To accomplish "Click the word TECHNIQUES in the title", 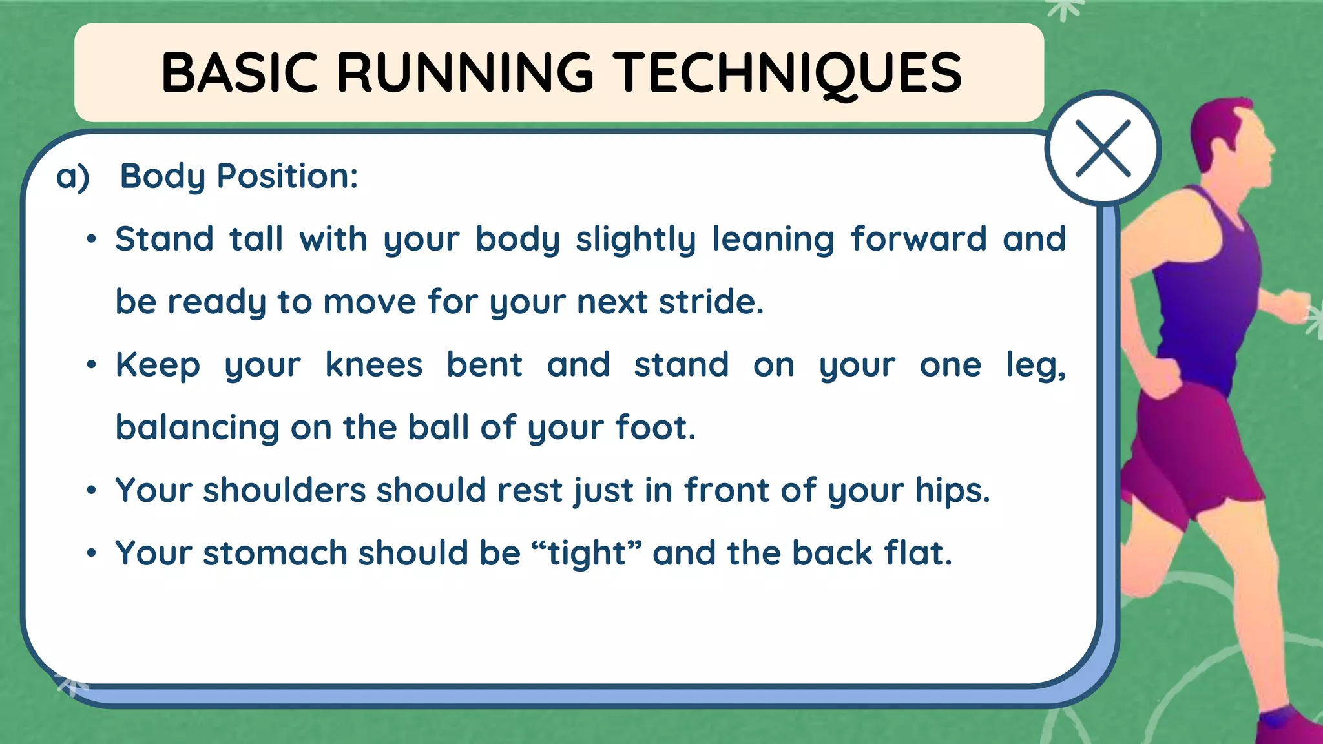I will point(787,73).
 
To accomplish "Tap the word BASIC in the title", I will point(239,73).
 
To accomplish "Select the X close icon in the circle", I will point(1103,149).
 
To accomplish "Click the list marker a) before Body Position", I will point(72,176).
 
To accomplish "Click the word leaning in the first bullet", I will point(773,240).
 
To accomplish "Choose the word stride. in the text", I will point(711,302).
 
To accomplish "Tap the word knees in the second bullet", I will point(373,365).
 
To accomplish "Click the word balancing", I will point(196,428).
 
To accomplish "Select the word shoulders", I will point(284,490).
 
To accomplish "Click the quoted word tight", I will point(587,553).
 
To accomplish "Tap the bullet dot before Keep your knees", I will point(92,365).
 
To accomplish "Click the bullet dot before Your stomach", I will point(92,553).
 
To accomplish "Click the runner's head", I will point(1231,139).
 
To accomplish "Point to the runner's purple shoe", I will point(1286,727).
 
